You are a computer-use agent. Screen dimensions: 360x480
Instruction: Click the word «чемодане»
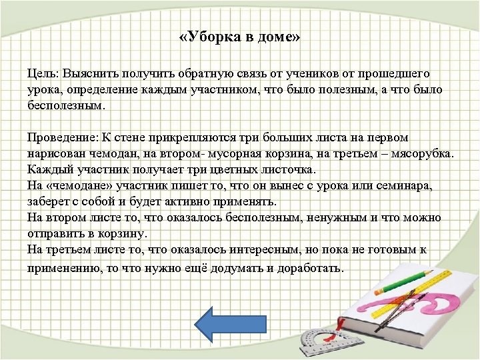point(73,186)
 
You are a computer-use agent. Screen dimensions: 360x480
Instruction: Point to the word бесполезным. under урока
point(66,105)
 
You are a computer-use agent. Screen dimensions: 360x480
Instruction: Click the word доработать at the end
point(309,269)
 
